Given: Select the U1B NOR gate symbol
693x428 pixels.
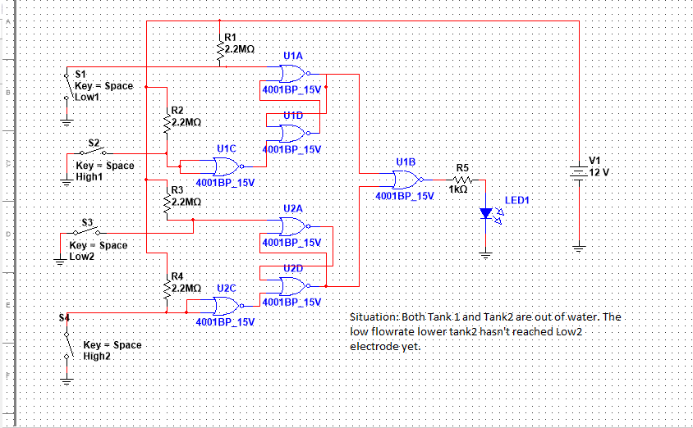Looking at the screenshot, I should [x=406, y=180].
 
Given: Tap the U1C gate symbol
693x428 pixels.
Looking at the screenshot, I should [x=225, y=167].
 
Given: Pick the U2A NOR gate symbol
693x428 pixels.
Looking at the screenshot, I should [x=293, y=226].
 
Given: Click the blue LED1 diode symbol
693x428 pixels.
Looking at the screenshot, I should [x=485, y=213].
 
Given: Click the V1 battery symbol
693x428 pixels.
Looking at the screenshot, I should [x=579, y=171].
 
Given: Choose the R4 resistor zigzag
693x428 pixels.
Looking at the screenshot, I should [x=167, y=288].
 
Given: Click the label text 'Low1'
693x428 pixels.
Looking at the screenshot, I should [x=87, y=96].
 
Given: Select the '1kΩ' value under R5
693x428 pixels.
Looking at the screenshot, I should [x=458, y=189].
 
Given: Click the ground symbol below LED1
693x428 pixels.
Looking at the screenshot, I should [x=485, y=254].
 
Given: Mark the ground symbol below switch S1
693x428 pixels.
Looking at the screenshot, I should [x=67, y=122].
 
